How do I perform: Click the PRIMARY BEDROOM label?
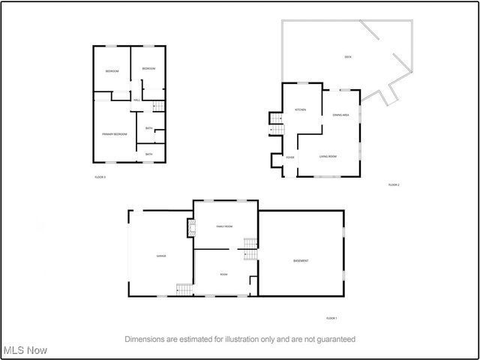(x=115, y=134)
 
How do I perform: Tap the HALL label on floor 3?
(x=136, y=100)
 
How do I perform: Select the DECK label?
(x=348, y=57)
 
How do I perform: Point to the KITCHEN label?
(x=300, y=110)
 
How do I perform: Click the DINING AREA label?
(x=341, y=115)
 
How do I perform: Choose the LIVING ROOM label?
(x=328, y=156)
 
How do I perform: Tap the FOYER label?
(x=289, y=157)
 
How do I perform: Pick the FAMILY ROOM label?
(x=224, y=226)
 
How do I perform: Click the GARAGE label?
(x=161, y=256)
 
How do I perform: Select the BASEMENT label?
(x=301, y=260)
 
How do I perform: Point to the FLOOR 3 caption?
(x=100, y=177)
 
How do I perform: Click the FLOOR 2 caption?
(x=394, y=184)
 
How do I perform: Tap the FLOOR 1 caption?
(x=332, y=318)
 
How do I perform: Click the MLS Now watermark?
(x=25, y=350)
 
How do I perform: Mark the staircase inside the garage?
(x=184, y=289)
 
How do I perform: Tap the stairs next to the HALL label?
(x=148, y=107)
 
